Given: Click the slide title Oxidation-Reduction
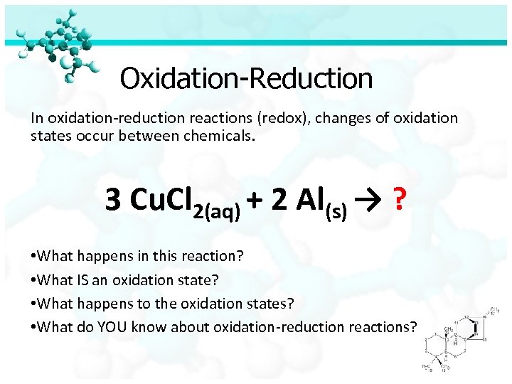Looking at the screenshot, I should point(246,78).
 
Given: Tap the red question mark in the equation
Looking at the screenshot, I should point(400,200).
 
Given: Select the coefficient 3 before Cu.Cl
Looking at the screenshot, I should point(112,200).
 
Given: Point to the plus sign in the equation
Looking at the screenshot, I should point(256,201).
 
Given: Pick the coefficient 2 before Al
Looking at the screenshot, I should point(279,200).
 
